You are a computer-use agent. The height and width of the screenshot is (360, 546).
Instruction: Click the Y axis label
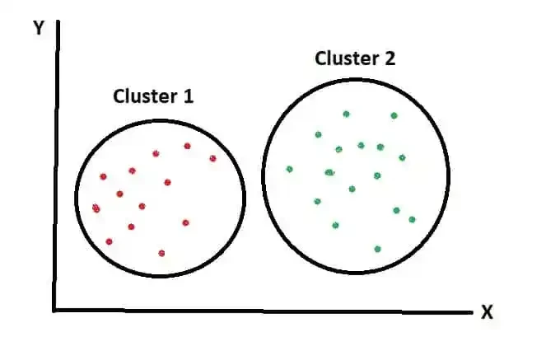tap(38, 28)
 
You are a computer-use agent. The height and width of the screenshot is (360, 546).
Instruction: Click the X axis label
tap(487, 313)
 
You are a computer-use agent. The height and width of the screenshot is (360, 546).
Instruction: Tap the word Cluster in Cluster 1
tap(144, 96)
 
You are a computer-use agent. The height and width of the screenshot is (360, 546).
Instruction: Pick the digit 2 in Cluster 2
tap(390, 59)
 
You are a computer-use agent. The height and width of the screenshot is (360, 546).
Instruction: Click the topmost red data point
tap(188, 147)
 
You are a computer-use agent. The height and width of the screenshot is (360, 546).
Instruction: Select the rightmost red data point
tap(212, 158)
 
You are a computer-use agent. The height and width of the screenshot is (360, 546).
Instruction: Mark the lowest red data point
tap(161, 253)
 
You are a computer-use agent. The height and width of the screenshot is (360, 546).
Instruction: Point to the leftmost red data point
tap(96, 208)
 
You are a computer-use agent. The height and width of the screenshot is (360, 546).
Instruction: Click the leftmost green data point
tap(289, 170)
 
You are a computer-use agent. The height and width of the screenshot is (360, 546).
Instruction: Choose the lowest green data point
tap(377, 249)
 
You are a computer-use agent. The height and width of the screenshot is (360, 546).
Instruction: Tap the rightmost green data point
tap(412, 219)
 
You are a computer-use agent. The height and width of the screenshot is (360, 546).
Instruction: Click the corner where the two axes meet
tap(55, 311)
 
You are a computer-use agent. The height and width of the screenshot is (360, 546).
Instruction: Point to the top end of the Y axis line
tap(57, 25)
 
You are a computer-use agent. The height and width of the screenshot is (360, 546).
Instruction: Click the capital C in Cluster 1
tap(119, 96)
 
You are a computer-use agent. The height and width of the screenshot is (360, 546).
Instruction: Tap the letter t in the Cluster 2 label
tap(359, 59)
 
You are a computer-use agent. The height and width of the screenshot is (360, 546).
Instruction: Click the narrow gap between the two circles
tap(254, 189)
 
